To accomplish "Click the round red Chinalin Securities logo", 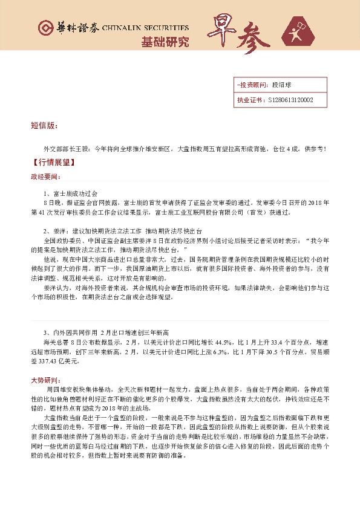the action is point(44,28).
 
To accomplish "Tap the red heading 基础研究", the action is point(165,42).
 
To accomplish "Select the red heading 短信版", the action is point(44,126).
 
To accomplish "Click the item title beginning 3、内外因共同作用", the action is point(109,332).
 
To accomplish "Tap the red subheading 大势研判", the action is point(46,379).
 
